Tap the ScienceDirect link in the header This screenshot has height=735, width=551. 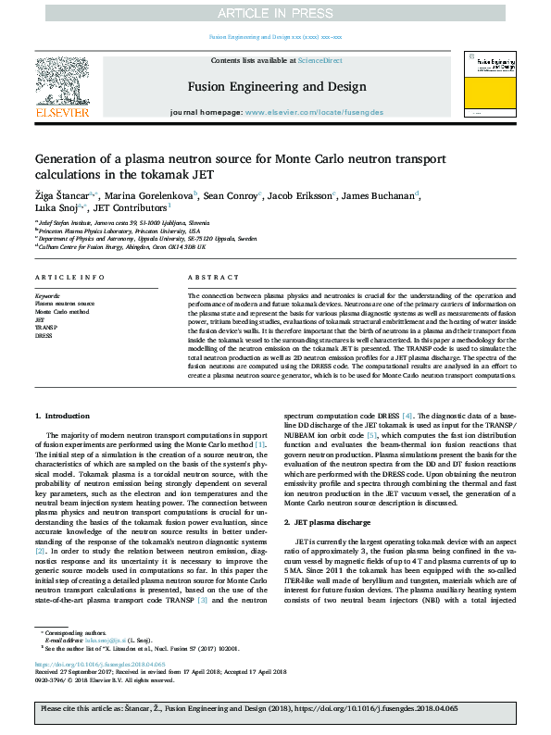pos(319,60)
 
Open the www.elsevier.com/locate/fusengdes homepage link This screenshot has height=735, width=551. pos(313,112)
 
